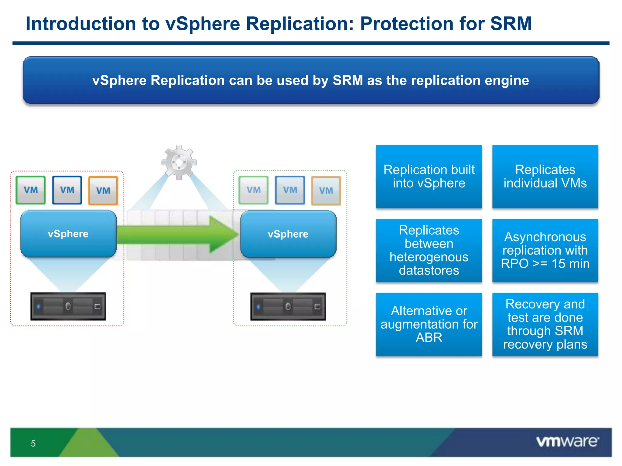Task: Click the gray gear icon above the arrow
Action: coord(179,162)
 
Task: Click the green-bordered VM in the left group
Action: coord(31,190)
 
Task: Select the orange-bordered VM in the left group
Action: coord(103,191)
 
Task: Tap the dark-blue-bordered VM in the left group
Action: coord(67,190)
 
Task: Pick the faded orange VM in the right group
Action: coord(326,191)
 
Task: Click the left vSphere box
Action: coord(68,234)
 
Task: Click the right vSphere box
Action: coord(288,234)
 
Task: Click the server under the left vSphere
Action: coord(68,306)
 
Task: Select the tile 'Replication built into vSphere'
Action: coord(429,177)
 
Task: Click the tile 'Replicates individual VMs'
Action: coord(545,177)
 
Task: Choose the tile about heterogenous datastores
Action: coord(429,251)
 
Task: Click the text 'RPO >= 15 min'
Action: coord(545,264)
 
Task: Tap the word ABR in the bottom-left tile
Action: coord(429,338)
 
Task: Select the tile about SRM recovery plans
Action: coord(545,324)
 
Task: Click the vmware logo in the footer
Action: coord(567,441)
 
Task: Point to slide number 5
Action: coord(33,444)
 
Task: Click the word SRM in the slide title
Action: coord(511,24)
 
